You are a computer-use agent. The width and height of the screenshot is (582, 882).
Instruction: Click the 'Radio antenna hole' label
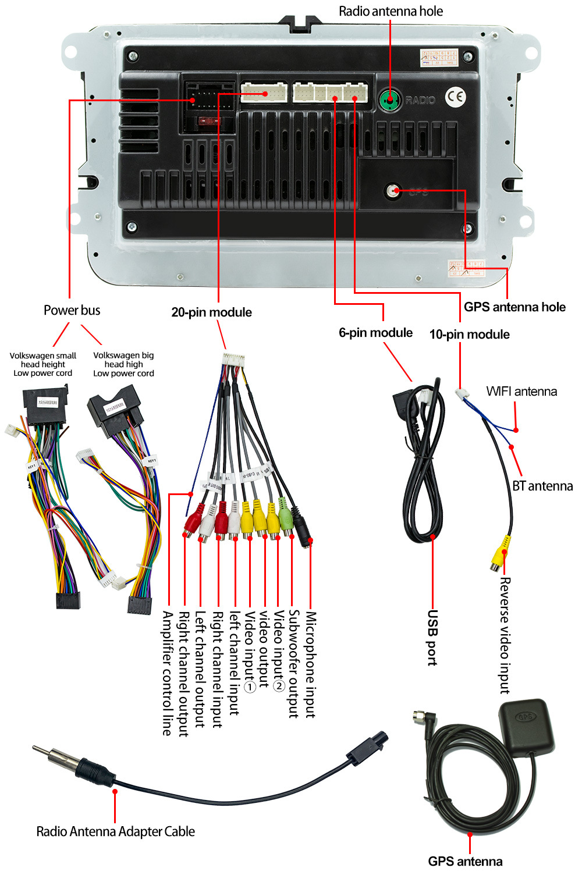point(391,11)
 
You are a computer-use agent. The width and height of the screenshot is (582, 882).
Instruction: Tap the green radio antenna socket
point(389,100)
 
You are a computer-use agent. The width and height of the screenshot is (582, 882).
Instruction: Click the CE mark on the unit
point(456,97)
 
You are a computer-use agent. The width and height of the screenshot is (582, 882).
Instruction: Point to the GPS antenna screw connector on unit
point(394,190)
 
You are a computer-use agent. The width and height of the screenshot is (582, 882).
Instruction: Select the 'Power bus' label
point(72,310)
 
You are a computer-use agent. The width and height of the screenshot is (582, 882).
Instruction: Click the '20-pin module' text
point(211,312)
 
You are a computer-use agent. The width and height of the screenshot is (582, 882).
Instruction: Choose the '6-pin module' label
point(375,333)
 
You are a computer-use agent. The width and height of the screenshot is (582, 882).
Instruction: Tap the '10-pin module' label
point(469,335)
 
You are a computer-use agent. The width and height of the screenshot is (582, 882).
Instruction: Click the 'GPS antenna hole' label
point(514,307)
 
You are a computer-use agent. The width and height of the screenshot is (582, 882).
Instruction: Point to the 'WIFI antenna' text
point(521,392)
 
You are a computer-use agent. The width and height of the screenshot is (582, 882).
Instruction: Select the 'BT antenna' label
point(542,486)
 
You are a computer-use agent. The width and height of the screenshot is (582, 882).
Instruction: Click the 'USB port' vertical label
point(432,637)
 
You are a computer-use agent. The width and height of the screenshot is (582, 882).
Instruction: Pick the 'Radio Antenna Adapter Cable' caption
point(115,831)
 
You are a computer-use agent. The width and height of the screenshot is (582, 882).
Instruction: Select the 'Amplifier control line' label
point(168,673)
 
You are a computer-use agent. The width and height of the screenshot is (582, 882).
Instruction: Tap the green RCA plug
point(285,515)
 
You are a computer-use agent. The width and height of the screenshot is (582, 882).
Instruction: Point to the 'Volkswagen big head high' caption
point(123,364)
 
